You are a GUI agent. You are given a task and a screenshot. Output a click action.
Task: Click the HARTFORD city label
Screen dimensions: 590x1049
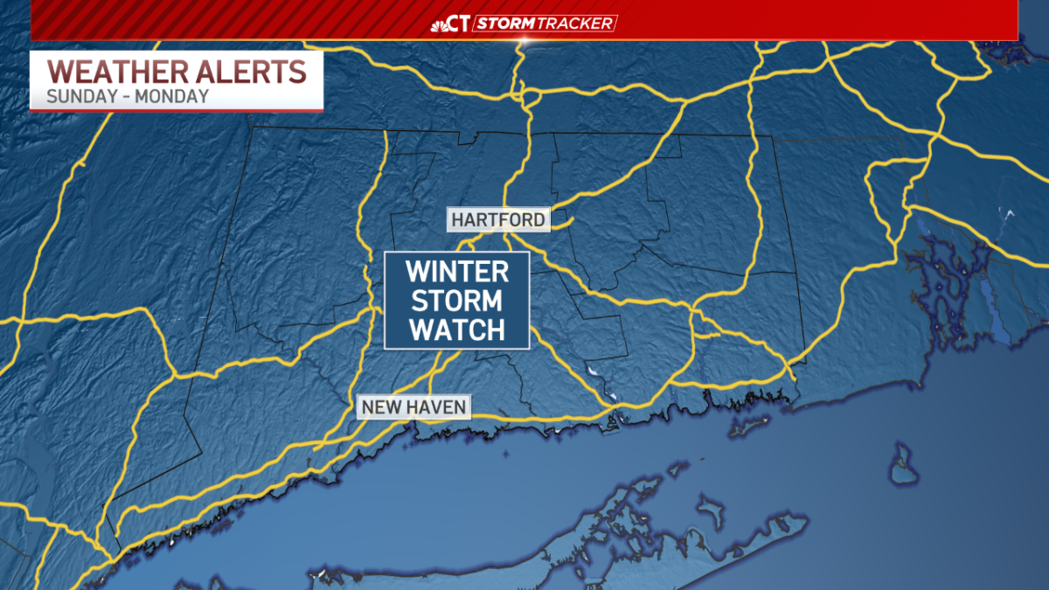click(499, 219)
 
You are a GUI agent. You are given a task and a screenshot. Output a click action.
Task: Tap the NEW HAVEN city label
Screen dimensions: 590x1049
click(414, 406)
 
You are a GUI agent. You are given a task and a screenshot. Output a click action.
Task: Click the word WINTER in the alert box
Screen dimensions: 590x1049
click(457, 271)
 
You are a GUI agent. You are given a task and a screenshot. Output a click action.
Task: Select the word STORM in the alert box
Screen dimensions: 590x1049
click(457, 301)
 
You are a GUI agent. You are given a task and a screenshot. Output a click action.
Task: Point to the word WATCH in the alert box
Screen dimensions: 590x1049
click(457, 330)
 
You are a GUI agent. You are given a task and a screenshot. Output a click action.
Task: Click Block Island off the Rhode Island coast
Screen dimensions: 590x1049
click(901, 464)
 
